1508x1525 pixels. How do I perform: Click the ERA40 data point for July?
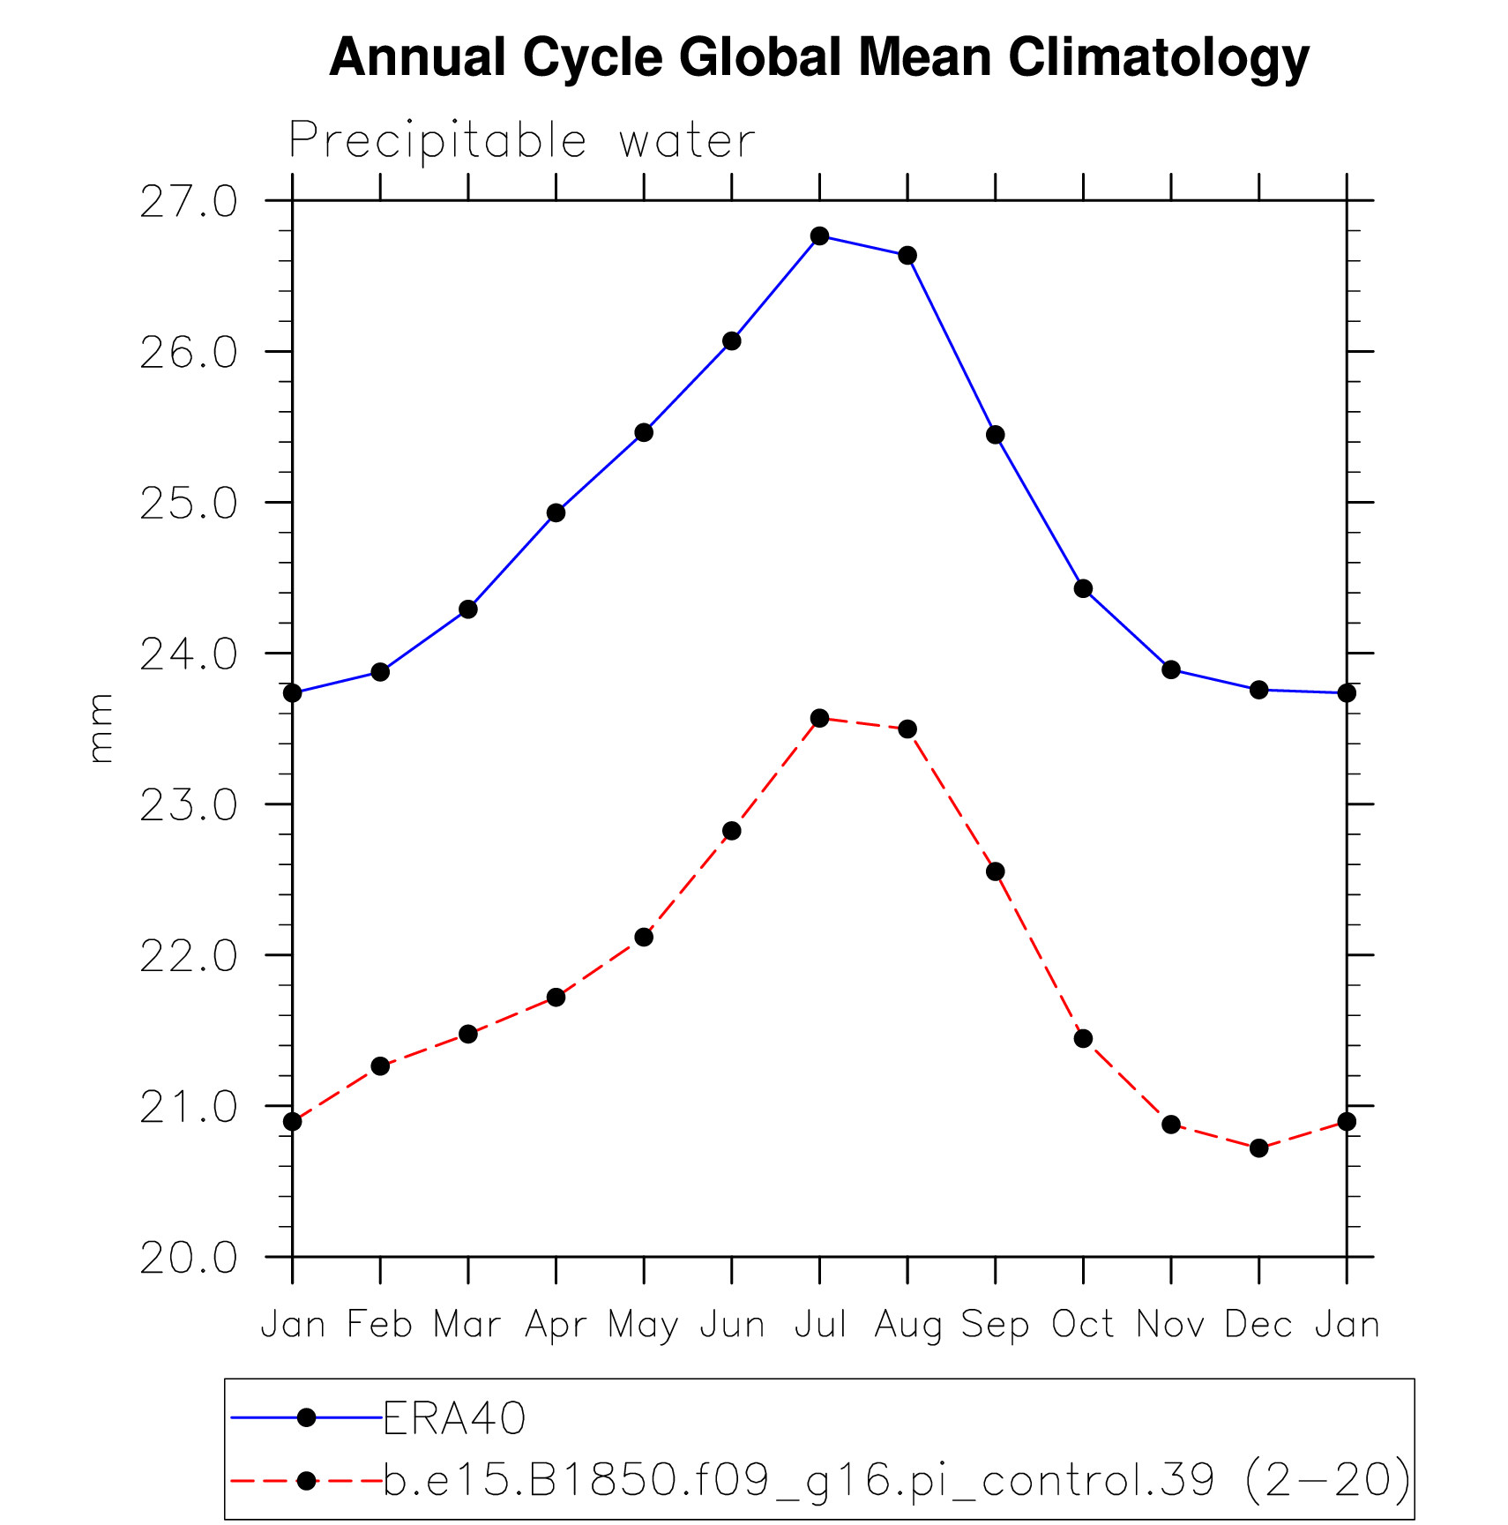coord(819,235)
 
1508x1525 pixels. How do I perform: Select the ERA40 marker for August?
coord(907,256)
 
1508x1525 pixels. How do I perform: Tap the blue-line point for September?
coord(996,435)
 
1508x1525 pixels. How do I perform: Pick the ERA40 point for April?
coord(556,513)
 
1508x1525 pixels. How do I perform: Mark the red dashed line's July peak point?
coord(819,718)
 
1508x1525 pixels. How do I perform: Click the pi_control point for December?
coord(1258,1147)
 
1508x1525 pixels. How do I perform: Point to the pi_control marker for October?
coord(1083,1038)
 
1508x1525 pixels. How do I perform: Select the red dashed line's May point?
coord(644,937)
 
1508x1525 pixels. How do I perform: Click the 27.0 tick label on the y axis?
coord(189,202)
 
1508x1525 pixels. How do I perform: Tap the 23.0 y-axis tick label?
coord(189,805)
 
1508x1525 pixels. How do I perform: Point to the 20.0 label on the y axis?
coord(189,1258)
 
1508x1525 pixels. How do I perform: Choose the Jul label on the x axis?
coord(820,1325)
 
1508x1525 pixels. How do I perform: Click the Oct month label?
coord(1083,1325)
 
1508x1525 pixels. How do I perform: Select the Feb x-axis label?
coord(380,1325)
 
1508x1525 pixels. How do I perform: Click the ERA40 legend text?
coord(454,1418)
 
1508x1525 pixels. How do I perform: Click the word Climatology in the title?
coord(1158,57)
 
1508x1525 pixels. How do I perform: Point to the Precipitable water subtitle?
coord(522,140)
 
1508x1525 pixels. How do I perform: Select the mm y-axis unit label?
coord(101,729)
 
